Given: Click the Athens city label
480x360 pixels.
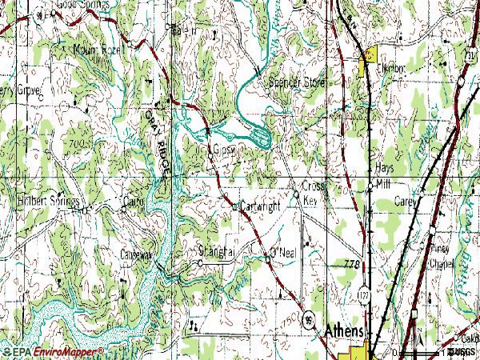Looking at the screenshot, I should [x=344, y=331].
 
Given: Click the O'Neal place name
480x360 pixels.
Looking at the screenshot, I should [x=284, y=253].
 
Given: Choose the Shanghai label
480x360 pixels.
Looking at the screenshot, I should [x=217, y=251].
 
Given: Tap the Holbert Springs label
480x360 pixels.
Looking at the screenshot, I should [x=48, y=200].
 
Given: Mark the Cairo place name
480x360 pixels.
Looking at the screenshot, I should [x=133, y=202].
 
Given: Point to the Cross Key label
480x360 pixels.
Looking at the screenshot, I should [x=311, y=192].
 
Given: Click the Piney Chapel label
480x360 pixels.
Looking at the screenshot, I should [x=441, y=256].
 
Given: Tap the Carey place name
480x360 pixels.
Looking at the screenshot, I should [x=406, y=202].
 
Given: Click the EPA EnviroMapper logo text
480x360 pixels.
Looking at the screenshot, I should [x=53, y=351].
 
